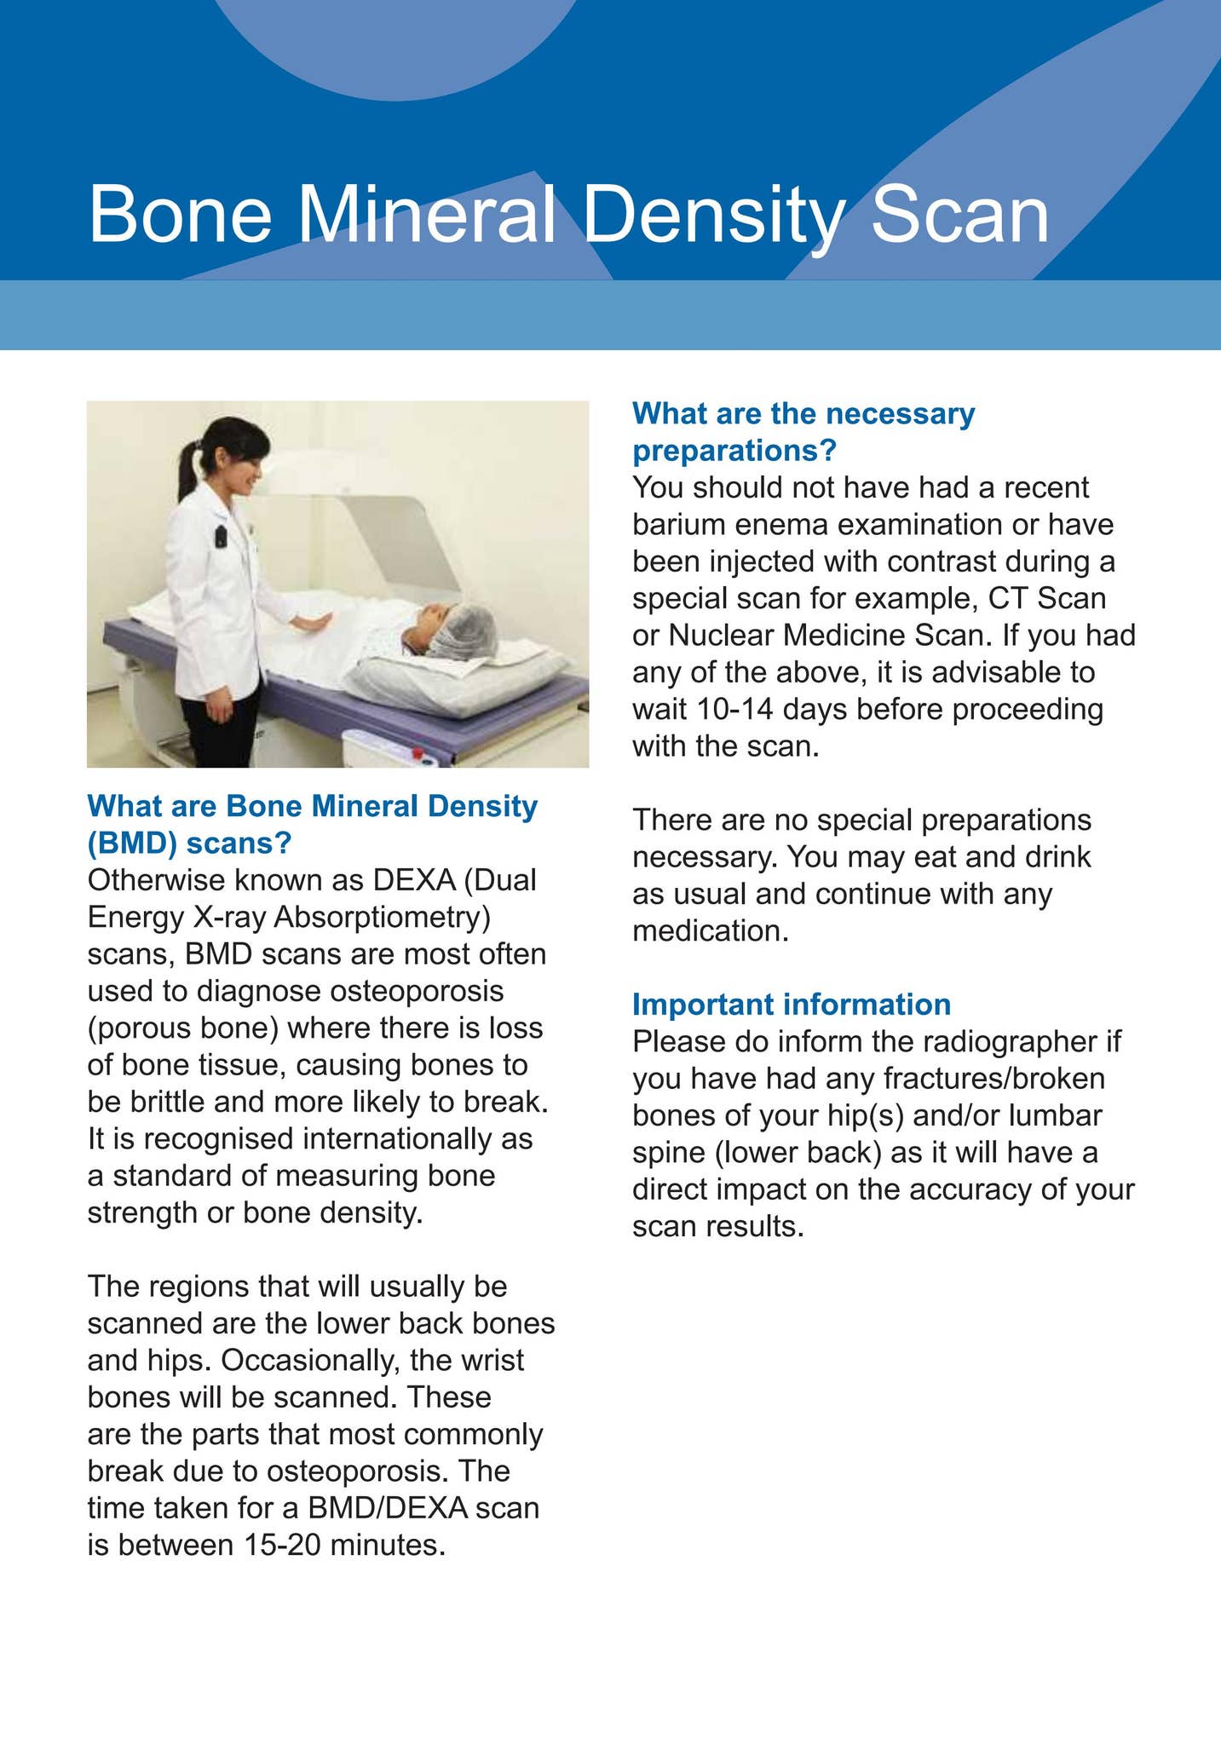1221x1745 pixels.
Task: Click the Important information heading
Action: coord(791,1004)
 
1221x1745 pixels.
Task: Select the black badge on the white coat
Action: coord(221,537)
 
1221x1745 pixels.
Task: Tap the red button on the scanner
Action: coord(418,752)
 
